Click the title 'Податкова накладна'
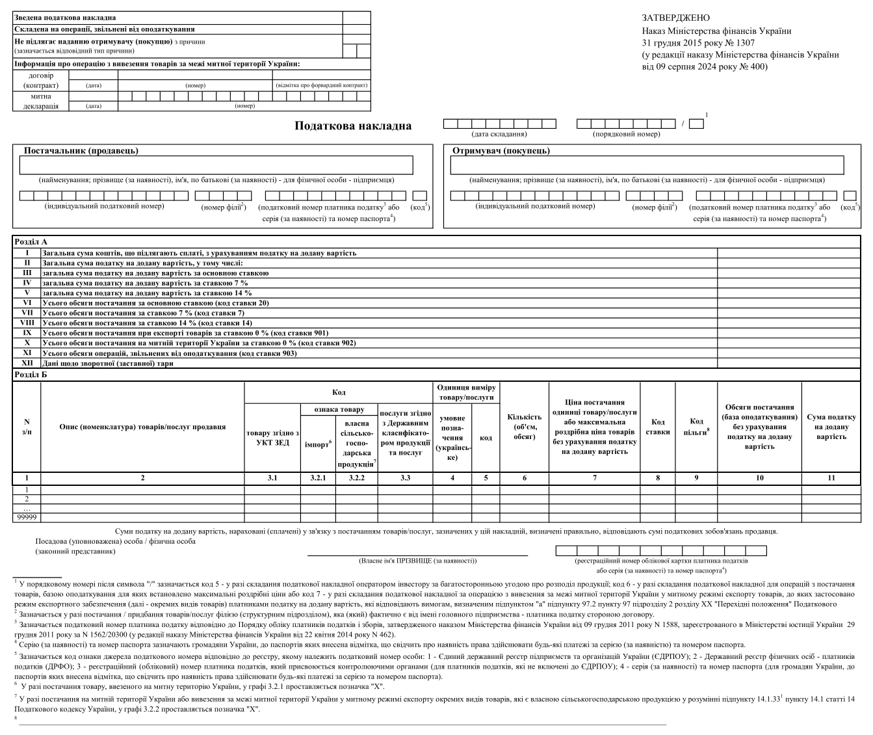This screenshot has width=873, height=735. pos(353,126)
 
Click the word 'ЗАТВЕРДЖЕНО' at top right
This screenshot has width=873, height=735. pos(675,18)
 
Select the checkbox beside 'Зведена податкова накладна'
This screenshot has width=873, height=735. pos(356,18)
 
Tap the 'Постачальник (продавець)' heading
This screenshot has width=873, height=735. pos(81,151)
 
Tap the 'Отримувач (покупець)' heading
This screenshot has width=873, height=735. pos(501,151)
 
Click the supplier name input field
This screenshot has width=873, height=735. pos(216,165)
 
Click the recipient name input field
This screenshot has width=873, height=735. pos(647,165)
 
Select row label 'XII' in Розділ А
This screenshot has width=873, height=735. pos(27,363)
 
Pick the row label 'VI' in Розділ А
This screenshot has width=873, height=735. pos(27,302)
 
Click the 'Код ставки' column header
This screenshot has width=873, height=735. pos(658,427)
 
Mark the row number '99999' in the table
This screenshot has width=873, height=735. pos(27,518)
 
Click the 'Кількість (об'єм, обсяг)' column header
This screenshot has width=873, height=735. pos(524,427)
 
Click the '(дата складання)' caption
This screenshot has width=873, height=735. pos(499,134)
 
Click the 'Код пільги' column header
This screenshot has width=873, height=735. pos(697,427)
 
